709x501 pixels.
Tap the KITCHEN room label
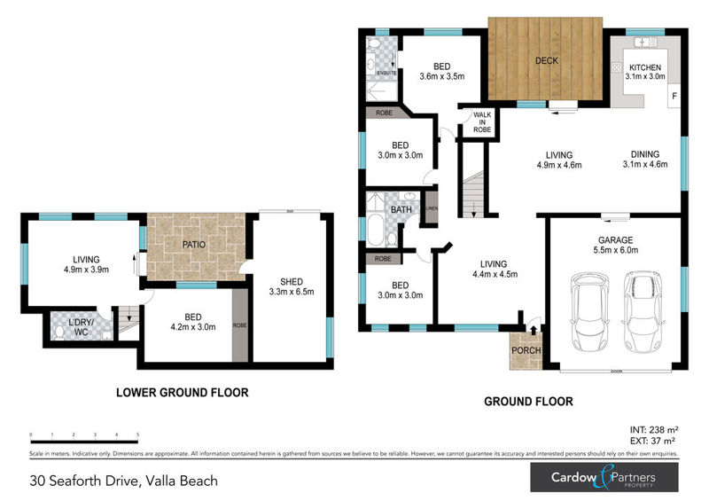pos(645,67)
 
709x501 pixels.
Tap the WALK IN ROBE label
pos(481,121)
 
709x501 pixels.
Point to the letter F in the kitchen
pos(674,96)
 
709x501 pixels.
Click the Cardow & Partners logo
pos(604,478)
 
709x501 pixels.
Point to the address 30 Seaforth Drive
pos(123,481)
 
